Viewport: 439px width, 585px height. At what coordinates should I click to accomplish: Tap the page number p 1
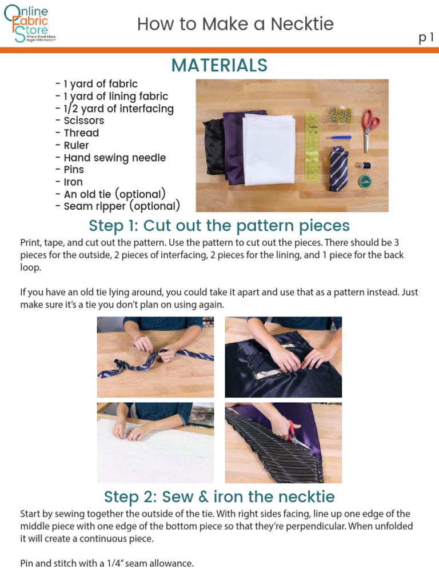(426, 38)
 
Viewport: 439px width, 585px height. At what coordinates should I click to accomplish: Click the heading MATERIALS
(219, 66)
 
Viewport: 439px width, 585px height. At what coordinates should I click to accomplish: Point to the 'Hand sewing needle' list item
(114, 158)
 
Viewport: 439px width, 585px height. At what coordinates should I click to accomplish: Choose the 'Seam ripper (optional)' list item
(121, 206)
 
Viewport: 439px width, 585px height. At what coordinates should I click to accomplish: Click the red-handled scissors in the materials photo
(370, 127)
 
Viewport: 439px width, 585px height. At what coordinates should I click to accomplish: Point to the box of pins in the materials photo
(340, 115)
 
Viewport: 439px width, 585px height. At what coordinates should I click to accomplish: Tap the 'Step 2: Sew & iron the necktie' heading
(219, 496)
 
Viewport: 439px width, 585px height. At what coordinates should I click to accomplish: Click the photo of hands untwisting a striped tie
(155, 357)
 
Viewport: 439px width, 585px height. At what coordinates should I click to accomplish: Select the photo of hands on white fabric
(155, 443)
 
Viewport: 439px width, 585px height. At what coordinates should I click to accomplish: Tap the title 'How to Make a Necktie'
(235, 24)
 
